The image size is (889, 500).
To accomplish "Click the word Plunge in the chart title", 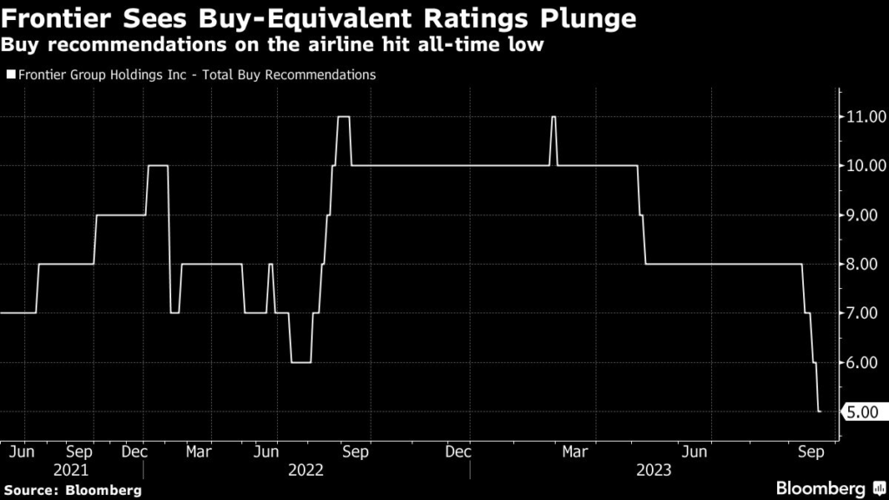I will [588, 18].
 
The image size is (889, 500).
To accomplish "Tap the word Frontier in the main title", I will [54, 18].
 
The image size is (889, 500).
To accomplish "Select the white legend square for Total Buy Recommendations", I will [10, 76].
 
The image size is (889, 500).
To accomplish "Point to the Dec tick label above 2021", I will [135, 452].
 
